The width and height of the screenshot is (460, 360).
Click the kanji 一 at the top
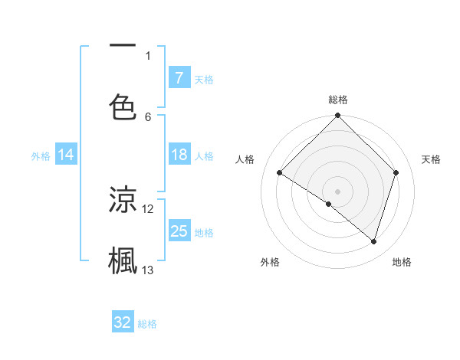[123, 46]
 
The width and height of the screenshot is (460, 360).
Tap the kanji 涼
[123, 200]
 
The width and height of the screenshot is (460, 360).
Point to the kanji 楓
[123, 260]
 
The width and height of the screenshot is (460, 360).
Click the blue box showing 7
[179, 77]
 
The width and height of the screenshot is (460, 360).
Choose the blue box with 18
[179, 155]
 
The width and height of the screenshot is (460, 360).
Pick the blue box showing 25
[179, 231]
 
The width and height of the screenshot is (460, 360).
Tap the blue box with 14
[66, 155]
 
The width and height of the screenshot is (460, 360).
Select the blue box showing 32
[123, 322]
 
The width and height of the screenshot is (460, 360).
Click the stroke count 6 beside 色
[148, 116]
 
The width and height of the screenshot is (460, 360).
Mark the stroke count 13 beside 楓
[148, 270]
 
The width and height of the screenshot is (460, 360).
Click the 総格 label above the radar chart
[338, 100]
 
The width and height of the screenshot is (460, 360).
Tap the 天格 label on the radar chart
[432, 159]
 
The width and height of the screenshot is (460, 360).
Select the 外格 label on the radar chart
[270, 262]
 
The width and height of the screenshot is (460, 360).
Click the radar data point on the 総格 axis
[338, 116]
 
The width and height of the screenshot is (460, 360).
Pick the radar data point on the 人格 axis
[280, 173]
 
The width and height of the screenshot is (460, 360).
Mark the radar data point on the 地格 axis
[374, 241]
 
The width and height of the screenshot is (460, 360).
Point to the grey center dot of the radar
[338, 191]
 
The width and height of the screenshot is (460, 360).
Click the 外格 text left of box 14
[41, 155]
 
